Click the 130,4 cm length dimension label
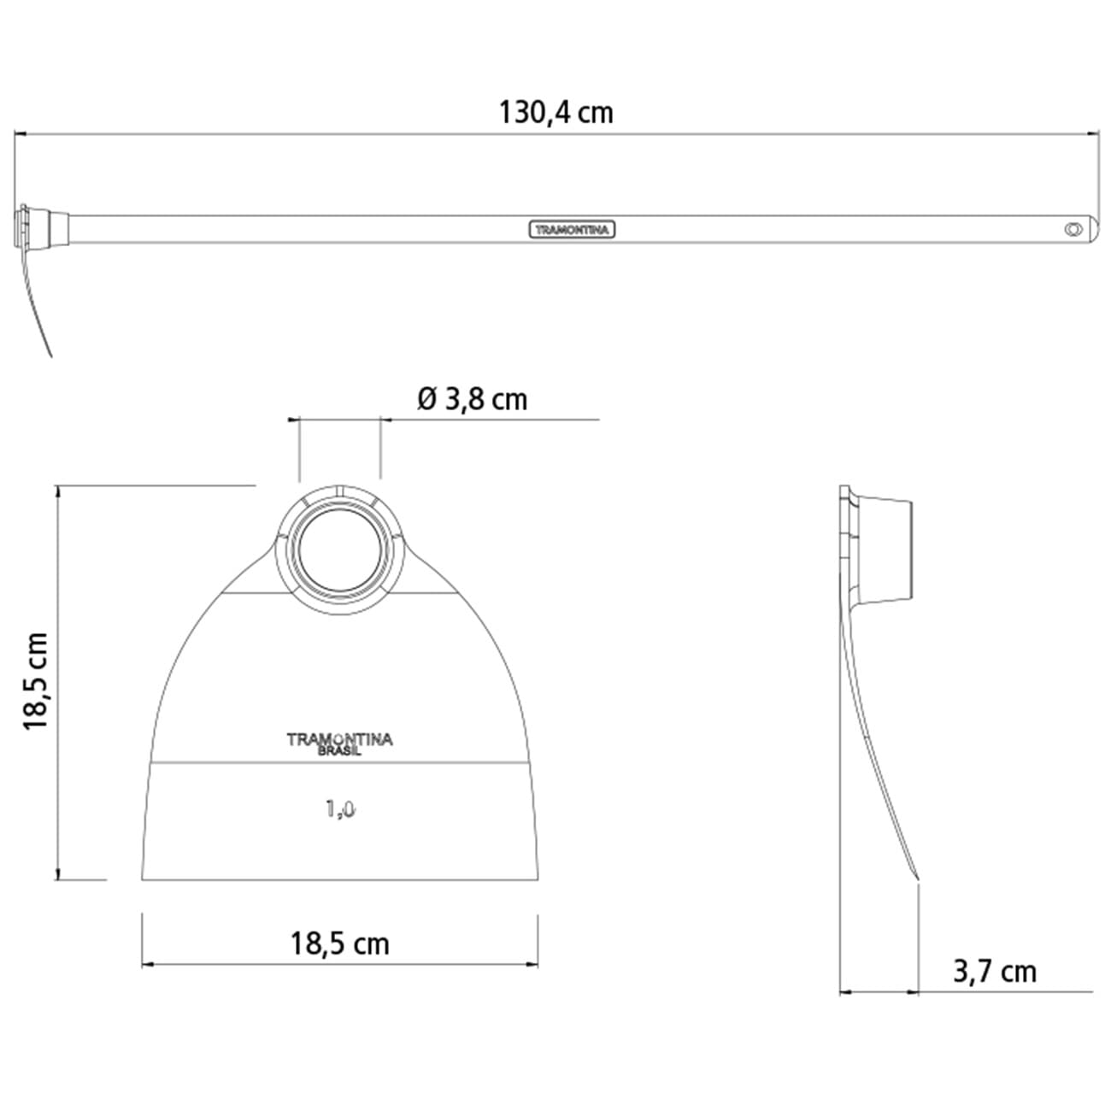pyautogui.click(x=555, y=112)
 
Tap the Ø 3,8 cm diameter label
pyautogui.click(x=472, y=398)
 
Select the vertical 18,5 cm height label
pyautogui.click(x=36, y=681)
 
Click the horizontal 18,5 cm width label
pyautogui.click(x=339, y=943)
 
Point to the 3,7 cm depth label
pyautogui.click(x=994, y=972)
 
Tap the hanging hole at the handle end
pyautogui.click(x=1072, y=229)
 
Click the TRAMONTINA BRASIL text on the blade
pyautogui.click(x=339, y=744)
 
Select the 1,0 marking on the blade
pyautogui.click(x=340, y=808)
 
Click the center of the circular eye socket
pyautogui.click(x=339, y=551)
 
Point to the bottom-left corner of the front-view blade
pyautogui.click(x=143, y=879)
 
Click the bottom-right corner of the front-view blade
pyautogui.click(x=538, y=879)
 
